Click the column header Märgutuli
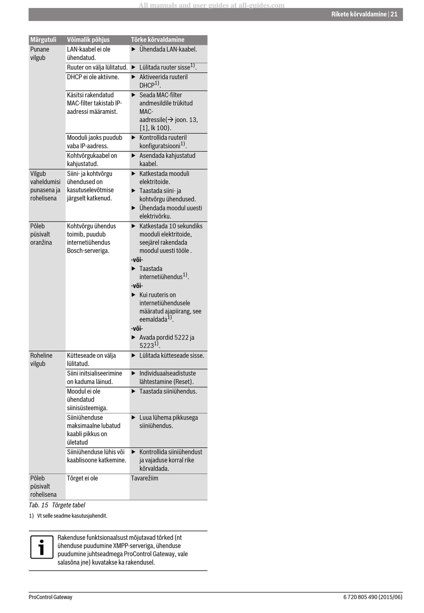pos(43,40)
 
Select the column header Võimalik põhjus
pos(88,40)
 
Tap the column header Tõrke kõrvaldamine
pos(158,40)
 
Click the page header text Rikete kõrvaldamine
pos(358,14)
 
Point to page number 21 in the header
pos(394,14)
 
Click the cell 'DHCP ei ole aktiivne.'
pos(93,77)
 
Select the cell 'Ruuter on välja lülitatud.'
pos(97,67)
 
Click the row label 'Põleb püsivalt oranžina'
pos(41,234)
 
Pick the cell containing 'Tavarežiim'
pos(145,478)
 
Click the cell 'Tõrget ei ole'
pos(82,478)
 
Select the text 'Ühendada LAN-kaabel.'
pos(168,50)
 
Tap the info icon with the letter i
pos(42,547)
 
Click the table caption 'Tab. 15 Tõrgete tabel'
pos(57,505)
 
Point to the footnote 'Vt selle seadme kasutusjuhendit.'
pos(72,516)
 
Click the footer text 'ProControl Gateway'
pos(50,597)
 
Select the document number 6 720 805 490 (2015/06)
pos(373,597)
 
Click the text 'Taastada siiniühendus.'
pos(168,392)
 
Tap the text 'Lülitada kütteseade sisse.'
pos(171,356)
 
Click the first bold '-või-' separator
pos(137,260)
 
